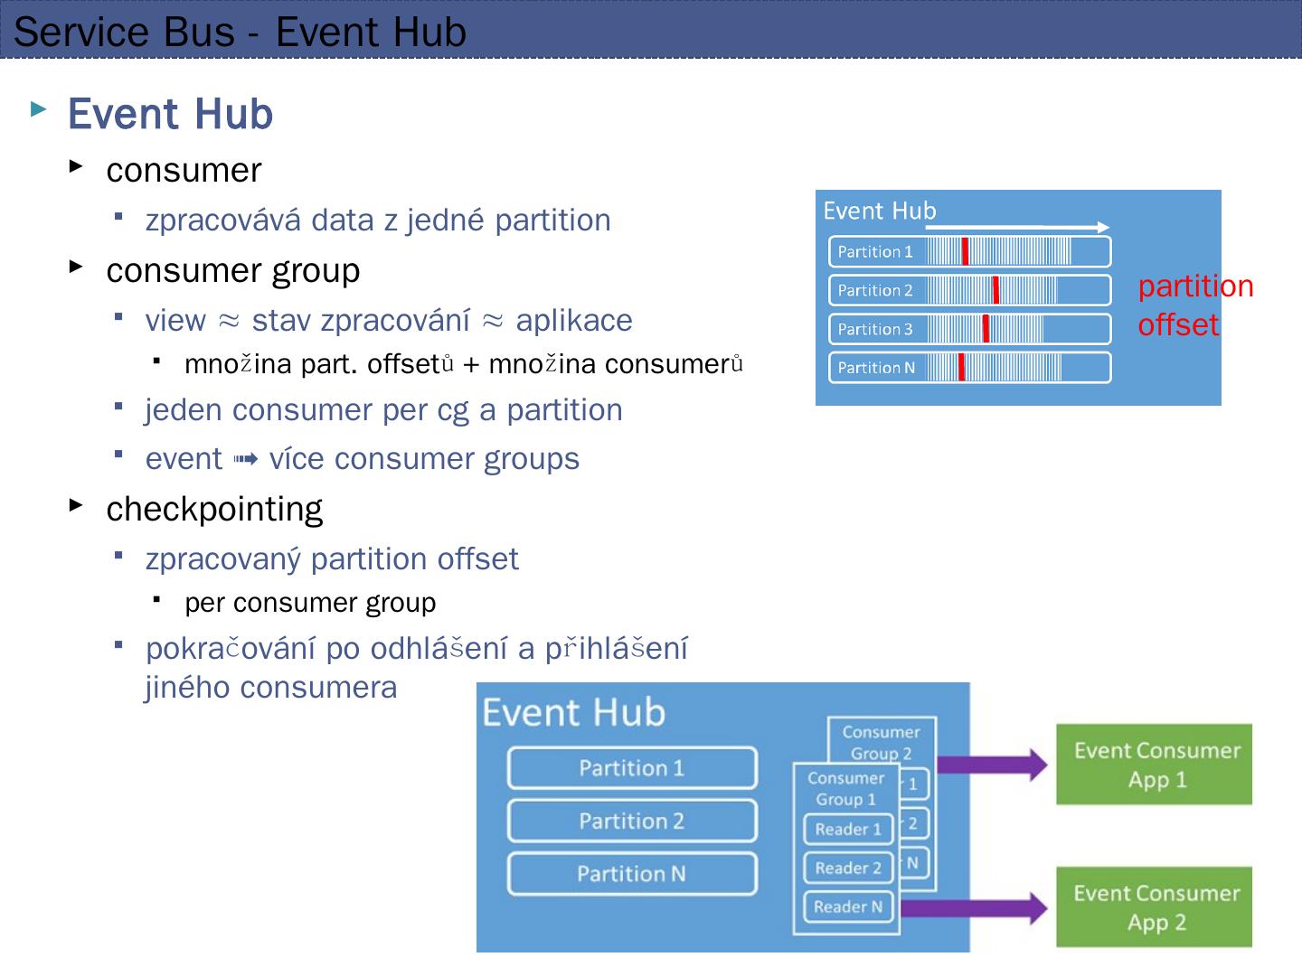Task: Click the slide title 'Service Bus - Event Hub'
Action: click(240, 32)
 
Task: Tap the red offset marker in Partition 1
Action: click(965, 251)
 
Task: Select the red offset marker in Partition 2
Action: click(995, 290)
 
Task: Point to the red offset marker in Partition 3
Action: click(986, 328)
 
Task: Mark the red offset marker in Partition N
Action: click(961, 368)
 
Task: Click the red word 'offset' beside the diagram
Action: click(1178, 324)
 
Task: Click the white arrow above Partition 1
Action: click(1017, 227)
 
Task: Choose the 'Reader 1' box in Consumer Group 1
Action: click(848, 829)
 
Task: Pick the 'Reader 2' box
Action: click(848, 868)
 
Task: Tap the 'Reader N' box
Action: click(848, 906)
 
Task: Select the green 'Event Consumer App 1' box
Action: click(1155, 765)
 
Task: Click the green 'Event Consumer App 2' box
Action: click(1155, 906)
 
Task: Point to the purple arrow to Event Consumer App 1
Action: click(992, 765)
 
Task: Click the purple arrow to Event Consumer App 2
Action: click(974, 908)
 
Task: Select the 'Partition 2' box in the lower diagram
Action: click(632, 821)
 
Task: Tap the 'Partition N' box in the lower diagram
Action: click(632, 874)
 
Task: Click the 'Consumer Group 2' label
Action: click(882, 743)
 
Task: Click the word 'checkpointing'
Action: click(214, 510)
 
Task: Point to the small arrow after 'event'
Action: click(246, 459)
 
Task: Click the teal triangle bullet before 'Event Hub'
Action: click(39, 109)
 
